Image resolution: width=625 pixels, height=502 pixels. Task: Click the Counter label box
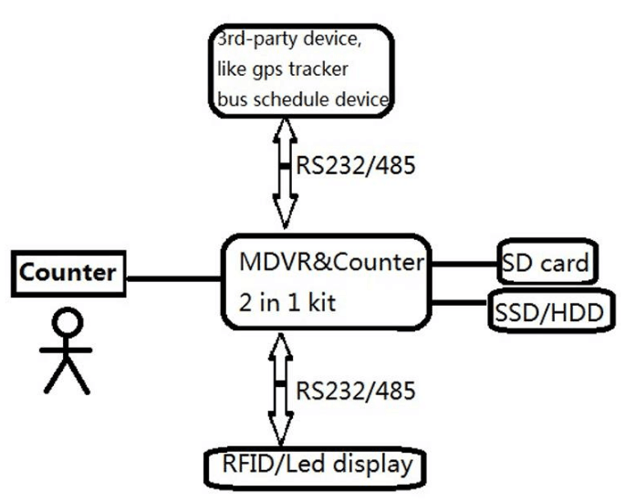pyautogui.click(x=68, y=273)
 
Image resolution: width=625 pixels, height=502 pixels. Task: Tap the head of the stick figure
pyautogui.click(x=67, y=322)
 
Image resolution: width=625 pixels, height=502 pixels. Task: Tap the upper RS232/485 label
pyautogui.click(x=355, y=166)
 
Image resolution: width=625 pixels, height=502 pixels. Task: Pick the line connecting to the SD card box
pyautogui.click(x=464, y=265)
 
